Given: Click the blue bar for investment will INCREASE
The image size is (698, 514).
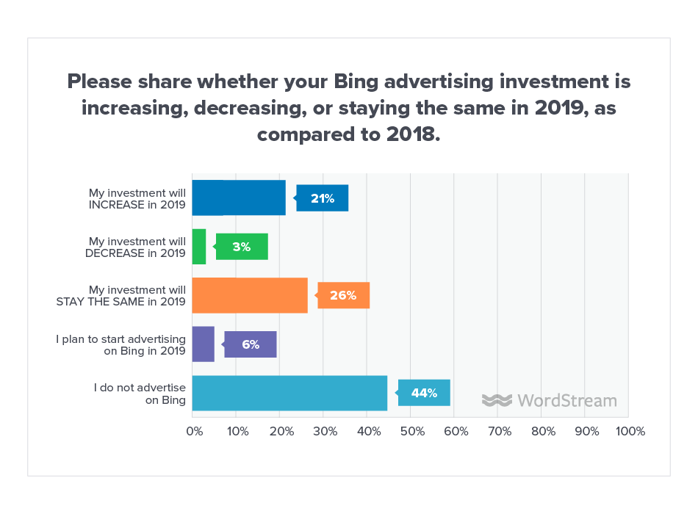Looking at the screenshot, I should [239, 198].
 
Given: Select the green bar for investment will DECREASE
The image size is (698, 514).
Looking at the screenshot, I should [199, 247].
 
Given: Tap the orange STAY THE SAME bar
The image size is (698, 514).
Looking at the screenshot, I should [250, 295].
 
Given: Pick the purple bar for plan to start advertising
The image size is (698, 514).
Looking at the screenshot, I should [204, 344].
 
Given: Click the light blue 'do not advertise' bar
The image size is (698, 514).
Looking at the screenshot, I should [289, 393].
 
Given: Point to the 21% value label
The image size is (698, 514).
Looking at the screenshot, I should [323, 198].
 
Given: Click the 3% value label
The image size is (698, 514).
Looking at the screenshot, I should [242, 247].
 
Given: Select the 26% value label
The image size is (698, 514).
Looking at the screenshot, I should [343, 295].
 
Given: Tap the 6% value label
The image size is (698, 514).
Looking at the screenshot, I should [251, 344].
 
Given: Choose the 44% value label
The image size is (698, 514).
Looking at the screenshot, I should [424, 393].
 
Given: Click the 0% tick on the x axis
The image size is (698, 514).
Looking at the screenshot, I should [193, 432].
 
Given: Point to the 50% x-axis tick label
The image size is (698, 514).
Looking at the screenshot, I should [411, 432].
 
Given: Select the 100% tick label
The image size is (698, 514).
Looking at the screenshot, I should [630, 432].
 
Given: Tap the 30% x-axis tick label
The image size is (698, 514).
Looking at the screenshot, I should [324, 432].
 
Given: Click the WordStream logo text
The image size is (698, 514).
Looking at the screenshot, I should [566, 400].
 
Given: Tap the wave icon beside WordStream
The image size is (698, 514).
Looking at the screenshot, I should [497, 400].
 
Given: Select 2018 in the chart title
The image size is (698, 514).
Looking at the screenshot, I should [410, 135].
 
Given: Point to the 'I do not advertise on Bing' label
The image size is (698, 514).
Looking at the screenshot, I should [140, 393].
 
